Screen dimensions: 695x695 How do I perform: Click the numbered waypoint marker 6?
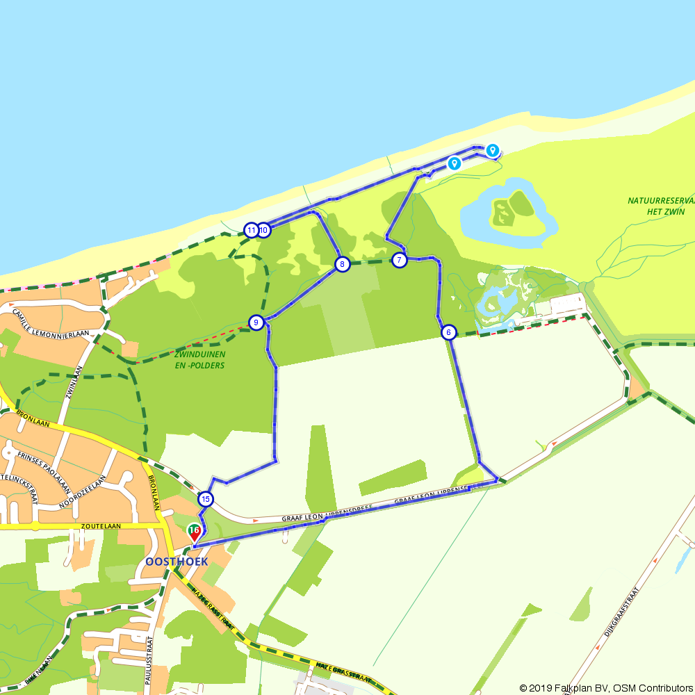click(x=449, y=332)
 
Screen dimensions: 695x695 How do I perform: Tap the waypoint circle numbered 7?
click(x=399, y=261)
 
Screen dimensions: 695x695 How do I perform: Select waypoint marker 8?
click(x=342, y=264)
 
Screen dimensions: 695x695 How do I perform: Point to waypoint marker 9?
click(x=256, y=322)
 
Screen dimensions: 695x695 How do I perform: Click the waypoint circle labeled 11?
click(x=251, y=230)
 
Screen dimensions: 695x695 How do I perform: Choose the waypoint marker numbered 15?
click(x=205, y=499)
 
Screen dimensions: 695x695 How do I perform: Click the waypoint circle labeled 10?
click(x=263, y=230)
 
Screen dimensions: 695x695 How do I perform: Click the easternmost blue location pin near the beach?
click(x=492, y=149)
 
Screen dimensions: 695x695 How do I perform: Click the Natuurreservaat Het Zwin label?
click(x=661, y=206)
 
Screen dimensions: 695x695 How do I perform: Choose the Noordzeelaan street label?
click(x=83, y=492)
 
